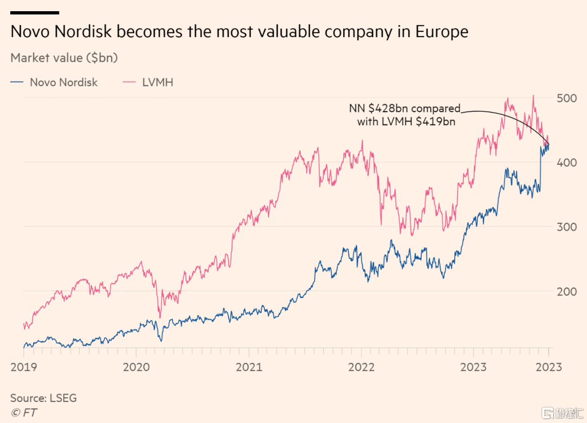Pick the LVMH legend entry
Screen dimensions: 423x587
coord(157,82)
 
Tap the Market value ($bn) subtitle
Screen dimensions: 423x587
coord(64,58)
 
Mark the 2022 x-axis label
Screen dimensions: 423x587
coord(361,367)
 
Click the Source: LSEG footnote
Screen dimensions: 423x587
coord(43,398)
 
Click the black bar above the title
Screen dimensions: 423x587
coord(34,13)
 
